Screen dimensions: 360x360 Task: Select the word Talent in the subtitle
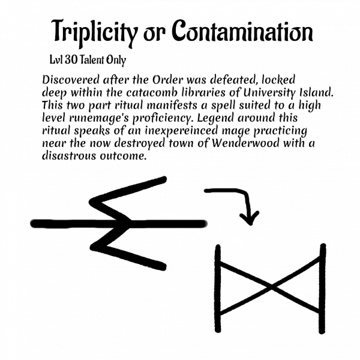[96, 61]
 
